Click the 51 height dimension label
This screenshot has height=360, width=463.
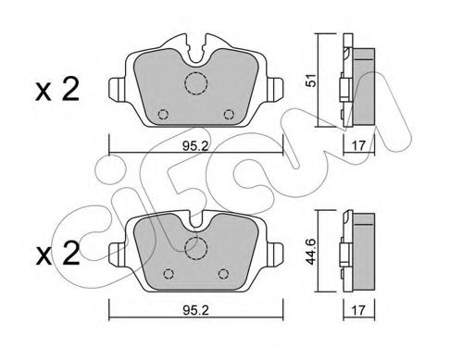click(x=312, y=80)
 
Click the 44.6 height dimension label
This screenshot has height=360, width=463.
click(x=312, y=251)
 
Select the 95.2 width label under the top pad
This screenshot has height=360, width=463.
click(x=195, y=145)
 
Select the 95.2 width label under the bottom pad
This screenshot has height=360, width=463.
click(x=195, y=311)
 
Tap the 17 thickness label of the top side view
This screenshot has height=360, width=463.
click(x=358, y=145)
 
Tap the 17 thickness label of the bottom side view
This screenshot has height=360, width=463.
click(x=358, y=310)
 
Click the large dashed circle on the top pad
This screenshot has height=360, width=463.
click(x=196, y=83)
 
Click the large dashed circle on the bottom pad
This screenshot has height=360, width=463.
click(x=196, y=248)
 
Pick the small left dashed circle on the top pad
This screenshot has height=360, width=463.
click(x=163, y=115)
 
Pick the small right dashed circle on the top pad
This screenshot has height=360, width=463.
click(x=229, y=115)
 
